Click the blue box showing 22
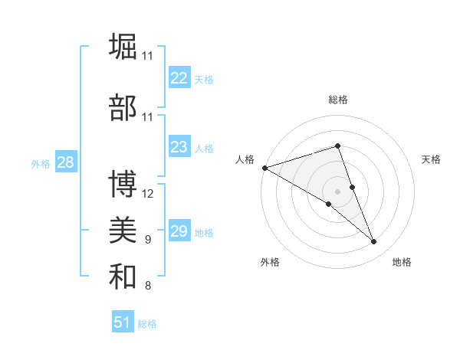pyautogui.click(x=179, y=78)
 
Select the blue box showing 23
pyautogui.click(x=179, y=147)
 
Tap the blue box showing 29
pyautogui.click(x=179, y=231)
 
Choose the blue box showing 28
pyautogui.click(x=66, y=162)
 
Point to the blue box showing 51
pyautogui.click(x=123, y=322)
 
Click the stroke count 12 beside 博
pyautogui.click(x=148, y=194)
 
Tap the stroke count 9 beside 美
pyautogui.click(x=148, y=240)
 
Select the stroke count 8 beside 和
pyautogui.click(x=148, y=286)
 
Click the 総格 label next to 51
pyautogui.click(x=148, y=324)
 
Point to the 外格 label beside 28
pyautogui.click(x=41, y=163)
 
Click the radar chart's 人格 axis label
pyautogui.click(x=245, y=159)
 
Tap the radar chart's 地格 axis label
pyautogui.click(x=402, y=262)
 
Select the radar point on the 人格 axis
pyautogui.click(x=264, y=168)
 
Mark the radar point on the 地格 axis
pyautogui.click(x=374, y=242)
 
